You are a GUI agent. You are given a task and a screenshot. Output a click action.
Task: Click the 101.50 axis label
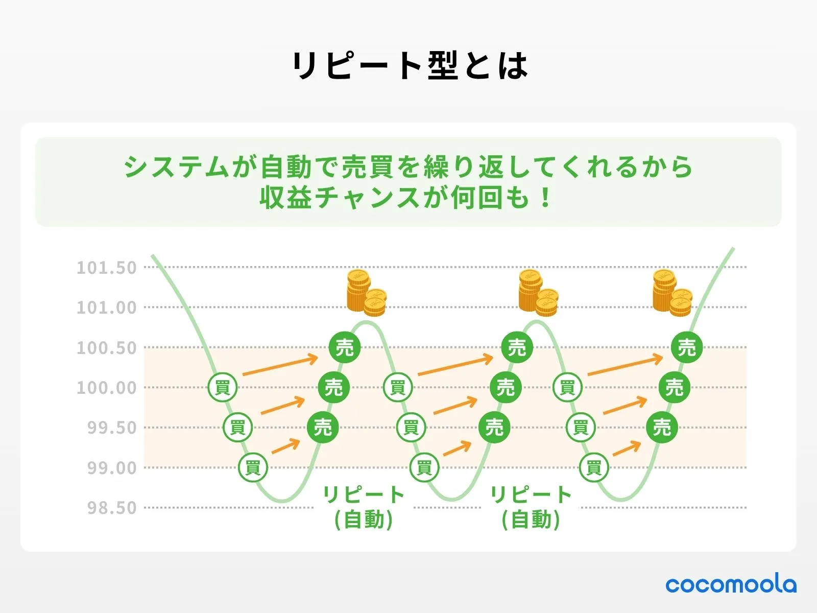pyautogui.click(x=107, y=268)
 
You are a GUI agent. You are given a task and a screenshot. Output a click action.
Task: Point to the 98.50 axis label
pyautogui.click(x=112, y=508)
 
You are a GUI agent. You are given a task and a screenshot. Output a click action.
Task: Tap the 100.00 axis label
pyautogui.click(x=107, y=388)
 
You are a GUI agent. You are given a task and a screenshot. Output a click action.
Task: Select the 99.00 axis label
pyautogui.click(x=112, y=468)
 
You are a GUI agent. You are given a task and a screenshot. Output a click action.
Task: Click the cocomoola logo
pyautogui.click(x=731, y=585)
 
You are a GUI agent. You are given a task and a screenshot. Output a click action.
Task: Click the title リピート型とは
pyautogui.click(x=410, y=65)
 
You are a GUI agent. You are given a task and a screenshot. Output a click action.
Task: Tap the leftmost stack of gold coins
pyautogui.click(x=367, y=293)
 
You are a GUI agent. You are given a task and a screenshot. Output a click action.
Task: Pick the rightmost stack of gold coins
pyautogui.click(x=672, y=293)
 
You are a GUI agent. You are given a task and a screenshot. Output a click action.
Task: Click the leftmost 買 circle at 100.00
pyautogui.click(x=222, y=387)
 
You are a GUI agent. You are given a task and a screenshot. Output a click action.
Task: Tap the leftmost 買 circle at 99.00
pyautogui.click(x=253, y=467)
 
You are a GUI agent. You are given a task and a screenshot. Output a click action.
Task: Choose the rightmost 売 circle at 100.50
pyautogui.click(x=687, y=347)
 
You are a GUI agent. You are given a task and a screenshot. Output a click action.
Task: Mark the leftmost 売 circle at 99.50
pyautogui.click(x=323, y=427)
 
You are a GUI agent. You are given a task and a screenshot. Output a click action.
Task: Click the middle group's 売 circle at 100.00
pyautogui.click(x=506, y=387)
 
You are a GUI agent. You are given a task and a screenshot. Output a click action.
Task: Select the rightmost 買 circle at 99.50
pyautogui.click(x=581, y=427)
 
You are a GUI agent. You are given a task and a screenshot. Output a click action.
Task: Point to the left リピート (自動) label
pyautogui.click(x=364, y=507)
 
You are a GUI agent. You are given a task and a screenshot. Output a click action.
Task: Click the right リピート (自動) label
pyautogui.click(x=531, y=507)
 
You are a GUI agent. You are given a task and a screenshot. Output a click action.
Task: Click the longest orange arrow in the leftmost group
pyautogui.click(x=280, y=365)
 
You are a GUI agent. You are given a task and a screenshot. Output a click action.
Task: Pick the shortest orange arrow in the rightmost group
pyautogui.click(x=627, y=448)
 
